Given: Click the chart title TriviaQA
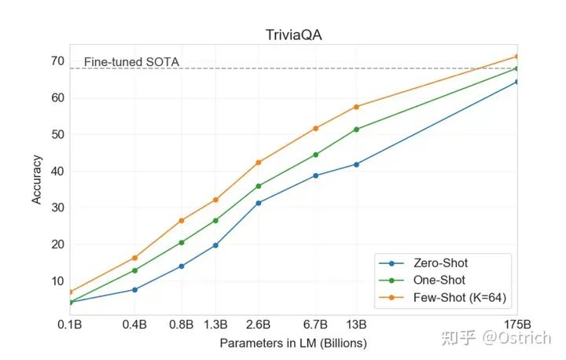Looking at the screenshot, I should [292, 35].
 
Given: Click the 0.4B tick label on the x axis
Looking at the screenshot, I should [135, 324].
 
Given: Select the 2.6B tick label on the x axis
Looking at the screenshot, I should [258, 324].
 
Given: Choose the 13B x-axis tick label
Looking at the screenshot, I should [356, 324].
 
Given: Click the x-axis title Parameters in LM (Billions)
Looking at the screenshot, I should [293, 343].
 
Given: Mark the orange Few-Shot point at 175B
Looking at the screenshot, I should [516, 57].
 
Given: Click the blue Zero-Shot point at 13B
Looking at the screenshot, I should [356, 164].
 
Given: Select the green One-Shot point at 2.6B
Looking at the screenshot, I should [258, 186].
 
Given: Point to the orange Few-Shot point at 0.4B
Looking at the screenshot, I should [135, 258].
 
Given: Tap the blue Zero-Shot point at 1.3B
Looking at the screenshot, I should [215, 245].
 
